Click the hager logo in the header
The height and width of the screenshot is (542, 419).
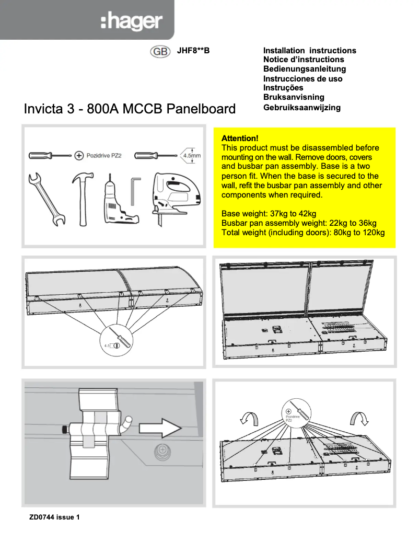(131, 22)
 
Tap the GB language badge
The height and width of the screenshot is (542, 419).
(160, 51)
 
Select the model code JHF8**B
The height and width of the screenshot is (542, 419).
(193, 51)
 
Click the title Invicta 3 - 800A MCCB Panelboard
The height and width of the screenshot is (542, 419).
(130, 109)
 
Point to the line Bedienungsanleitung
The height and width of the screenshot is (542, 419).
(304, 69)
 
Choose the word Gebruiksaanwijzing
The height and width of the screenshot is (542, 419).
(301, 107)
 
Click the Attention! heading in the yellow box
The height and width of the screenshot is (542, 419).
(240, 139)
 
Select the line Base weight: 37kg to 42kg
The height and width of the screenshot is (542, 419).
(269, 213)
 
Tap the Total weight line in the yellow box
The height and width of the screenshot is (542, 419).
(303, 232)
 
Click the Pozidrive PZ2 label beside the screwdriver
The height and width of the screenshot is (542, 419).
(103, 156)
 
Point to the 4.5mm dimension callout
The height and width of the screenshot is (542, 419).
(191, 155)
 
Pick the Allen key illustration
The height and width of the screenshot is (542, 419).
(135, 191)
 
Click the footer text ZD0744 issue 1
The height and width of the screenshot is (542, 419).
(54, 517)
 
